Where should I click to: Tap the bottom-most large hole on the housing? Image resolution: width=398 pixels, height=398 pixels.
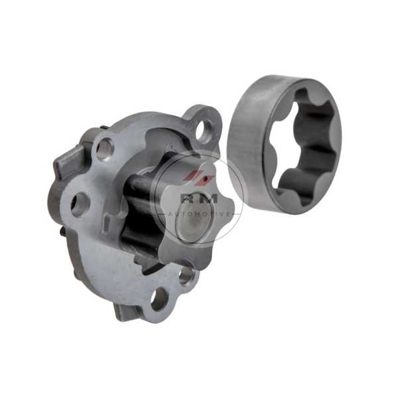pyautogui.click(x=159, y=299)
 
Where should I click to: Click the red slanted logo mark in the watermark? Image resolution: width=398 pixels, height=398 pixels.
pyautogui.click(x=201, y=176)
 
